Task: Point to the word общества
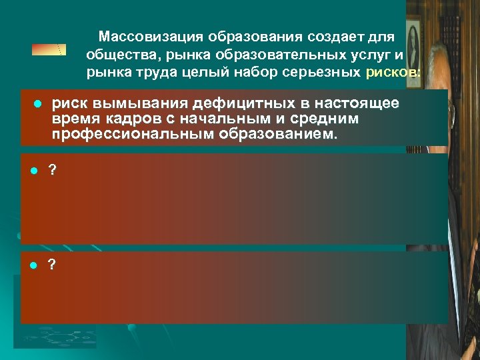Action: click(117, 54)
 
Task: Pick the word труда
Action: click(141, 73)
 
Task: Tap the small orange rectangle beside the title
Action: click(50, 49)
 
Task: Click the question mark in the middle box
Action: click(53, 170)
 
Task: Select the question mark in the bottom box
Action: click(53, 265)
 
